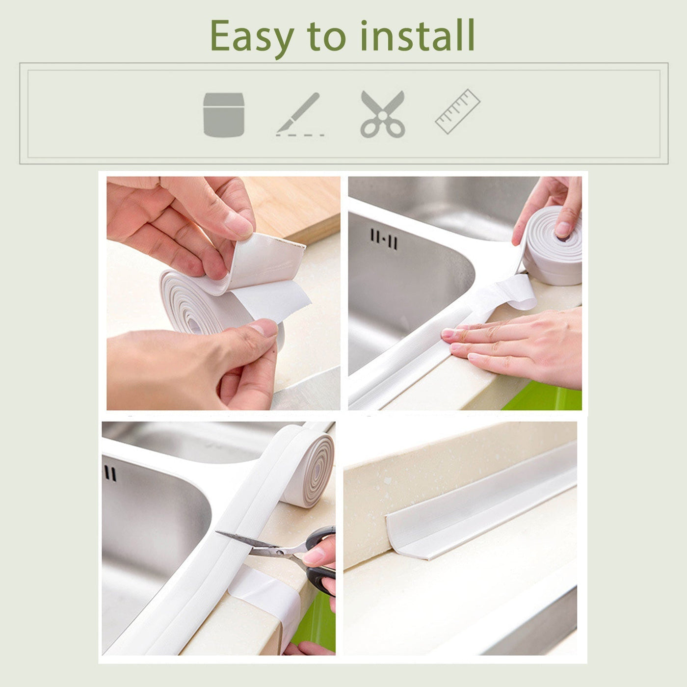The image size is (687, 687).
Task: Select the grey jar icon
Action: pos(224,114)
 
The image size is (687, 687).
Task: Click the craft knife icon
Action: pos(299,113)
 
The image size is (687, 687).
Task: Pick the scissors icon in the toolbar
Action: pos(383,114)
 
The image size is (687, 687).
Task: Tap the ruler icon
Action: pos(457,111)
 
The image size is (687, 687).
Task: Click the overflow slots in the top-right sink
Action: pos(384,239)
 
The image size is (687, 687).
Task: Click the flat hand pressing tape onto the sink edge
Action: pos(515,346)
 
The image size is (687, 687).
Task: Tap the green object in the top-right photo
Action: pos(545,397)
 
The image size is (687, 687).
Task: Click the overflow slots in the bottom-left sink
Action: pos(110,474)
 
